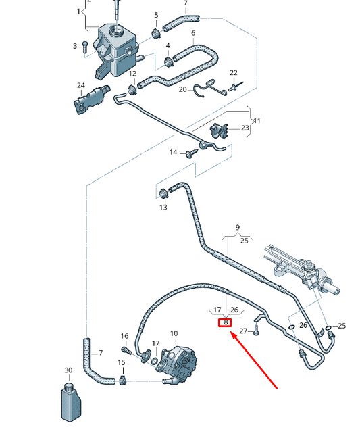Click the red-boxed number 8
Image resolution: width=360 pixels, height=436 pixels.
[226, 322]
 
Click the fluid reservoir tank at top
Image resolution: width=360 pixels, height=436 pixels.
[116, 45]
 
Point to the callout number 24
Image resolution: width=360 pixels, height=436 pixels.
[81, 85]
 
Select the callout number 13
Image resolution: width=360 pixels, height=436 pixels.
[163, 208]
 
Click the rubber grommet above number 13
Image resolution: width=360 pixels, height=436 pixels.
[162, 194]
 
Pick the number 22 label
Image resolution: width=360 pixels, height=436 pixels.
[234, 73]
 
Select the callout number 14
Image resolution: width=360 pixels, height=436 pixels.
[173, 153]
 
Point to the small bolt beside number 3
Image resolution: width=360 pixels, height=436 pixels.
[85, 45]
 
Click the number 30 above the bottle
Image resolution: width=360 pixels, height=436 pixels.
[68, 370]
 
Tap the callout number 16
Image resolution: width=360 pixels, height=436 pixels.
[124, 336]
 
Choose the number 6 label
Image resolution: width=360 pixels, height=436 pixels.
[193, 33]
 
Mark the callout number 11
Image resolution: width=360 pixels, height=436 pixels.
[257, 121]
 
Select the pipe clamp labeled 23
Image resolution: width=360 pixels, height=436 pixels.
[220, 131]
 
